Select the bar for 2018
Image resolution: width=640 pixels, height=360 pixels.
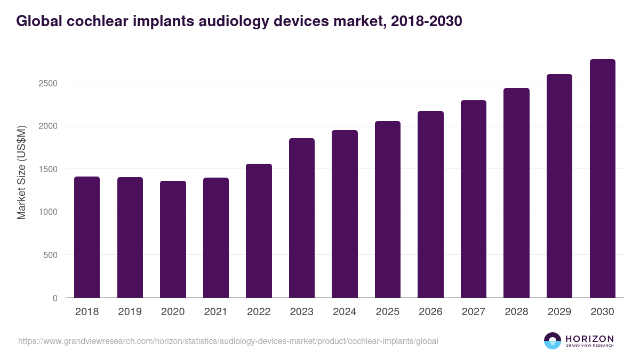(87, 237)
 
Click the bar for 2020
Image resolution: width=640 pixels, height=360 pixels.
(173, 239)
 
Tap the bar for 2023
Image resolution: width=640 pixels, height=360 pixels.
(302, 218)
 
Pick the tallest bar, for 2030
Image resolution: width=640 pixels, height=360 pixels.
(602, 179)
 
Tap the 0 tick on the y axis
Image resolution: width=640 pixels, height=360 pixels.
(55, 298)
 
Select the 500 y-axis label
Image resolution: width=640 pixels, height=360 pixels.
(51, 255)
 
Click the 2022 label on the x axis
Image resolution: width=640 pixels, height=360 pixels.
(259, 312)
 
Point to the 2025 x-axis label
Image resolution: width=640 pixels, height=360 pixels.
(388, 312)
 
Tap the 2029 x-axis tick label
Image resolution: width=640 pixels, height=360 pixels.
(559, 312)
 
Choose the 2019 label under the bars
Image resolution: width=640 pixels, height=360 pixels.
(130, 312)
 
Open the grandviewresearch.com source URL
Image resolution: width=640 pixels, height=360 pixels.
(228, 341)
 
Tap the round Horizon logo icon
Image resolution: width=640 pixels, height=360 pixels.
(553, 341)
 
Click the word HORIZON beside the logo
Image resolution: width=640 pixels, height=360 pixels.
(589, 339)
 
